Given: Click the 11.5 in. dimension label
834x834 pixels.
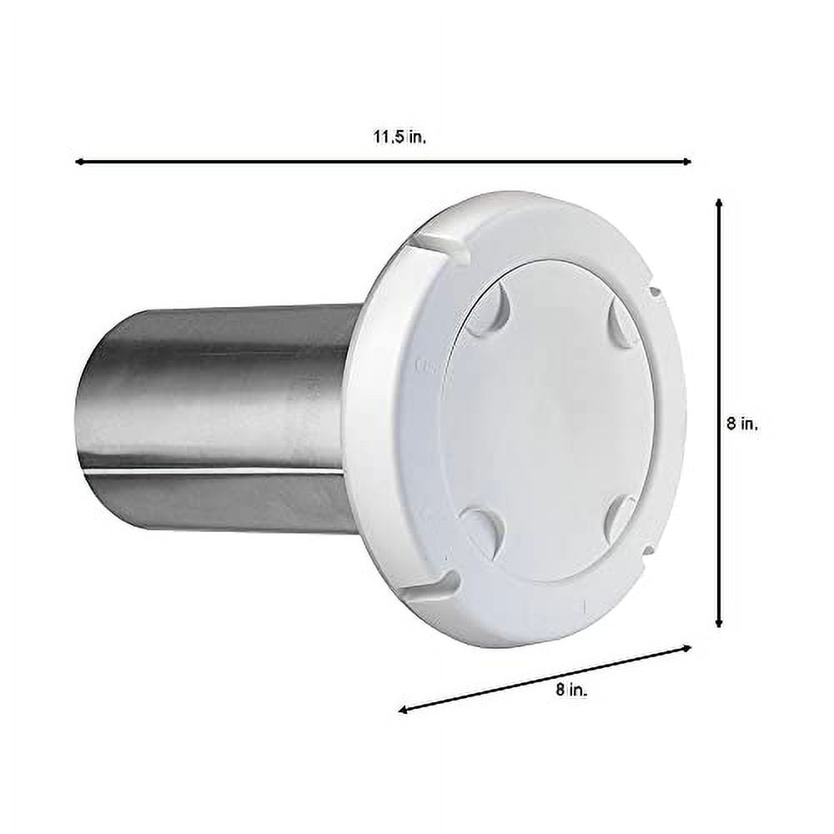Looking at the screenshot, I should click(399, 138).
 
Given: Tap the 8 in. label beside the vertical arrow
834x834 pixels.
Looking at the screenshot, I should click(742, 424).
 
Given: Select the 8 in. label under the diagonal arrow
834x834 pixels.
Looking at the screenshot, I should click(571, 690).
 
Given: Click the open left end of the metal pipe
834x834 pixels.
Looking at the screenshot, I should click(92, 425).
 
